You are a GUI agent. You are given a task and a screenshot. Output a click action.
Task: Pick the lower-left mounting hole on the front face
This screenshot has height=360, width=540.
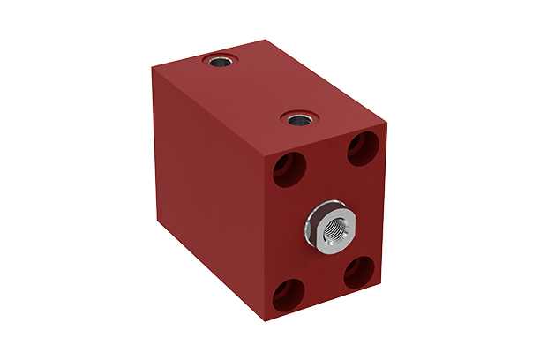coord(285,295)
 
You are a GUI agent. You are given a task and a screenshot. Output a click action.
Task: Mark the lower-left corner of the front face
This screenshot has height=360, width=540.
coord(265,321)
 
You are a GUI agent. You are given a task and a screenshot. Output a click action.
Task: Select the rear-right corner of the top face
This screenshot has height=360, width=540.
coord(265,40)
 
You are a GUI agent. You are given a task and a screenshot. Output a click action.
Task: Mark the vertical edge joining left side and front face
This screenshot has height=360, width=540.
coord(264,238)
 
